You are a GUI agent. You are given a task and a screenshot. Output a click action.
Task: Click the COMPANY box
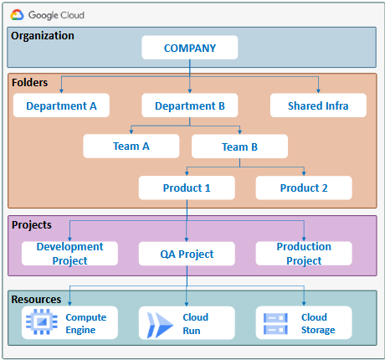click(x=190, y=48)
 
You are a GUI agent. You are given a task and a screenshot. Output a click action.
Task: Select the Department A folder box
click(x=61, y=105)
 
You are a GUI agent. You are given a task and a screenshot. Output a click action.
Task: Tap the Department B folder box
click(x=190, y=105)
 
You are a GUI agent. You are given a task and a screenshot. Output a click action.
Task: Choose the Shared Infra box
click(x=318, y=105)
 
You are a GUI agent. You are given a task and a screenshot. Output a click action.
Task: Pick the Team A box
click(x=131, y=147)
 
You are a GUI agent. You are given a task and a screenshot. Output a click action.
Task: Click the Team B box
click(x=239, y=147)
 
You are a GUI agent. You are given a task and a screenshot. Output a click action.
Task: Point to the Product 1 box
click(x=187, y=188)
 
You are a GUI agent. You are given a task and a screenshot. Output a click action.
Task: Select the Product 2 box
click(x=304, y=188)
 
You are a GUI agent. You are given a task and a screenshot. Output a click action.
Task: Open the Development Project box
click(x=69, y=254)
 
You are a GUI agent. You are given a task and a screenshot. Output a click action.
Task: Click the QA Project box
click(x=187, y=254)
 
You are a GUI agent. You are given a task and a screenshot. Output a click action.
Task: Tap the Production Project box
click(x=304, y=254)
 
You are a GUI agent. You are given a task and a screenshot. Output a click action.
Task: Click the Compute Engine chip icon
click(x=42, y=321)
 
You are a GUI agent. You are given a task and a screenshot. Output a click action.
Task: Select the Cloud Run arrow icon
click(x=160, y=325)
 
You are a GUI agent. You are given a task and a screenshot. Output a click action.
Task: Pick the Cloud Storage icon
click(x=275, y=324)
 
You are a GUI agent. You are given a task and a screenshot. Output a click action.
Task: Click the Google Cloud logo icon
click(x=17, y=15)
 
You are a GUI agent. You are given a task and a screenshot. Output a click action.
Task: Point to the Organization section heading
click(x=43, y=36)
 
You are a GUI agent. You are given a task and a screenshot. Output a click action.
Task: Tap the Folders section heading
click(x=29, y=83)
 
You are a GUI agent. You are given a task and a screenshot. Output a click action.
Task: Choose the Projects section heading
click(x=32, y=225)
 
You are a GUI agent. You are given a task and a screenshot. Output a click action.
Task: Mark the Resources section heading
click(x=36, y=300)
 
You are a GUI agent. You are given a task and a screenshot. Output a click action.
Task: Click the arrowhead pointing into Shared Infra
click(x=318, y=91)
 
